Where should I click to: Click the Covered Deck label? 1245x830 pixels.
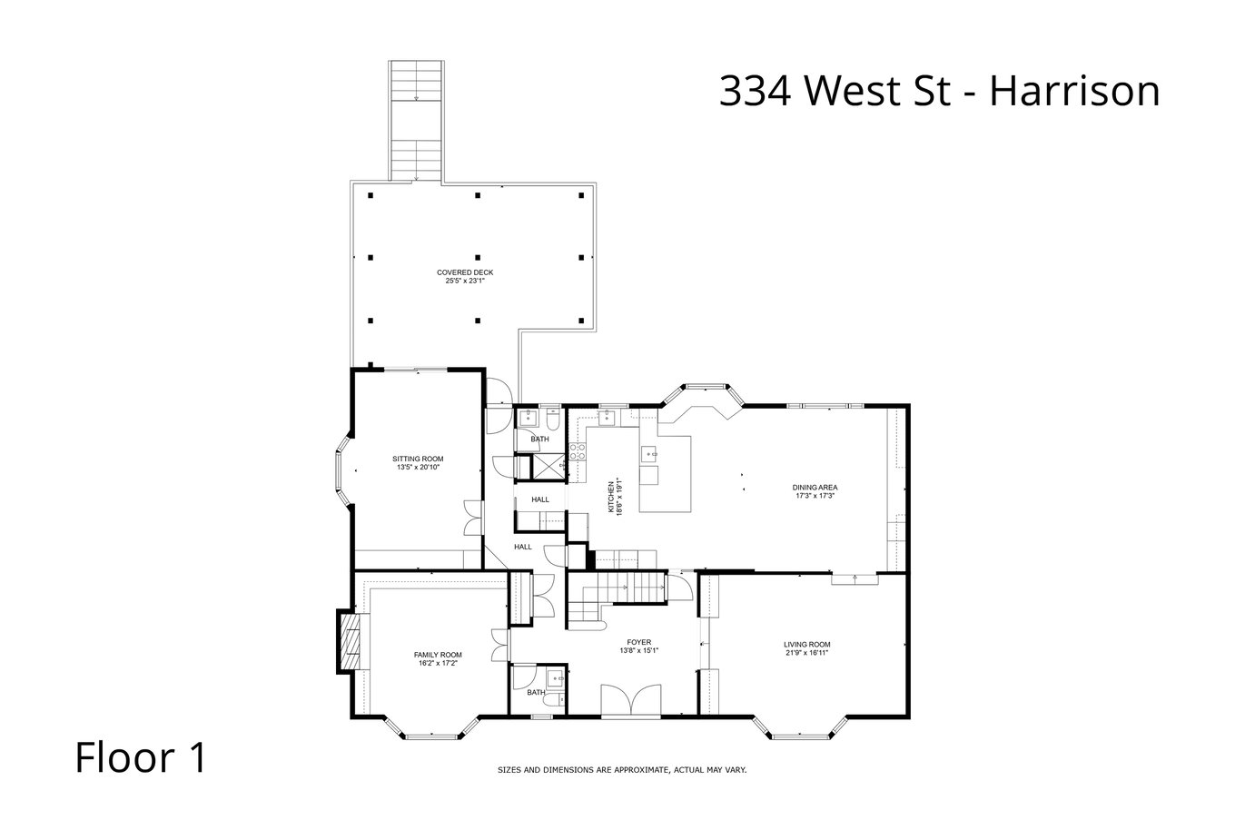[465, 276]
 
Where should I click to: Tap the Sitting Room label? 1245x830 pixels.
[418, 463]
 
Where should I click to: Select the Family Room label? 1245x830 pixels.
[438, 658]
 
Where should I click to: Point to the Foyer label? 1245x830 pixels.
[638, 646]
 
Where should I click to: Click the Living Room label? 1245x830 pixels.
[807, 648]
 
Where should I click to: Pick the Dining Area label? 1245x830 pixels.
[815, 491]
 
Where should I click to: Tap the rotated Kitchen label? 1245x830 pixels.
[614, 497]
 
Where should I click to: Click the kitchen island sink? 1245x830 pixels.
[648, 454]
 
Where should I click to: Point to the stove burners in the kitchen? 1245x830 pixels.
[577, 450]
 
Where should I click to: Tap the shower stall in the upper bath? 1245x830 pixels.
[548, 467]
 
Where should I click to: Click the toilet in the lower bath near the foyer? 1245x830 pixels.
[554, 699]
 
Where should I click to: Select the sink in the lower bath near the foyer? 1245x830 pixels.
[555, 678]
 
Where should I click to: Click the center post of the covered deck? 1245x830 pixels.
[478, 258]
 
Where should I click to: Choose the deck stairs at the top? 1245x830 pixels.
[417, 121]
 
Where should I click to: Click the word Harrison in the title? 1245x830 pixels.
[1074, 91]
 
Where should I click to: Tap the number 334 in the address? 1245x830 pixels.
[755, 91]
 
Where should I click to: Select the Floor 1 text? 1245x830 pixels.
[141, 757]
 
